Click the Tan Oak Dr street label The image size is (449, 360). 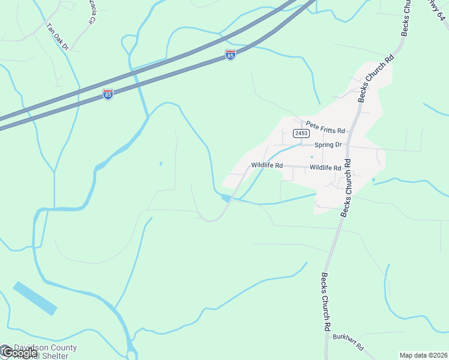click(58, 36)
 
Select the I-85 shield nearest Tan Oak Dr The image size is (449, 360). click(107, 95)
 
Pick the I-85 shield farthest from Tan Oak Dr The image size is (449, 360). click(231, 55)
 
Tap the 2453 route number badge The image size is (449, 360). click(301, 133)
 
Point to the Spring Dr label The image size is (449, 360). click(328, 145)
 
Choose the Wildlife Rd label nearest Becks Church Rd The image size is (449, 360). click(325, 168)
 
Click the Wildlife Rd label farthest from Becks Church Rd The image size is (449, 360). click(267, 165)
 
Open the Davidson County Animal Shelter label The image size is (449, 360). click(46, 352)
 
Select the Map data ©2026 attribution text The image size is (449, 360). click(423, 355)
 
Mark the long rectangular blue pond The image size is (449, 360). click(35, 298)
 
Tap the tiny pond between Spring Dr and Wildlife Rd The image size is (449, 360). click(312, 157)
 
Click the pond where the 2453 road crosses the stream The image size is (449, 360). click(227, 198)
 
